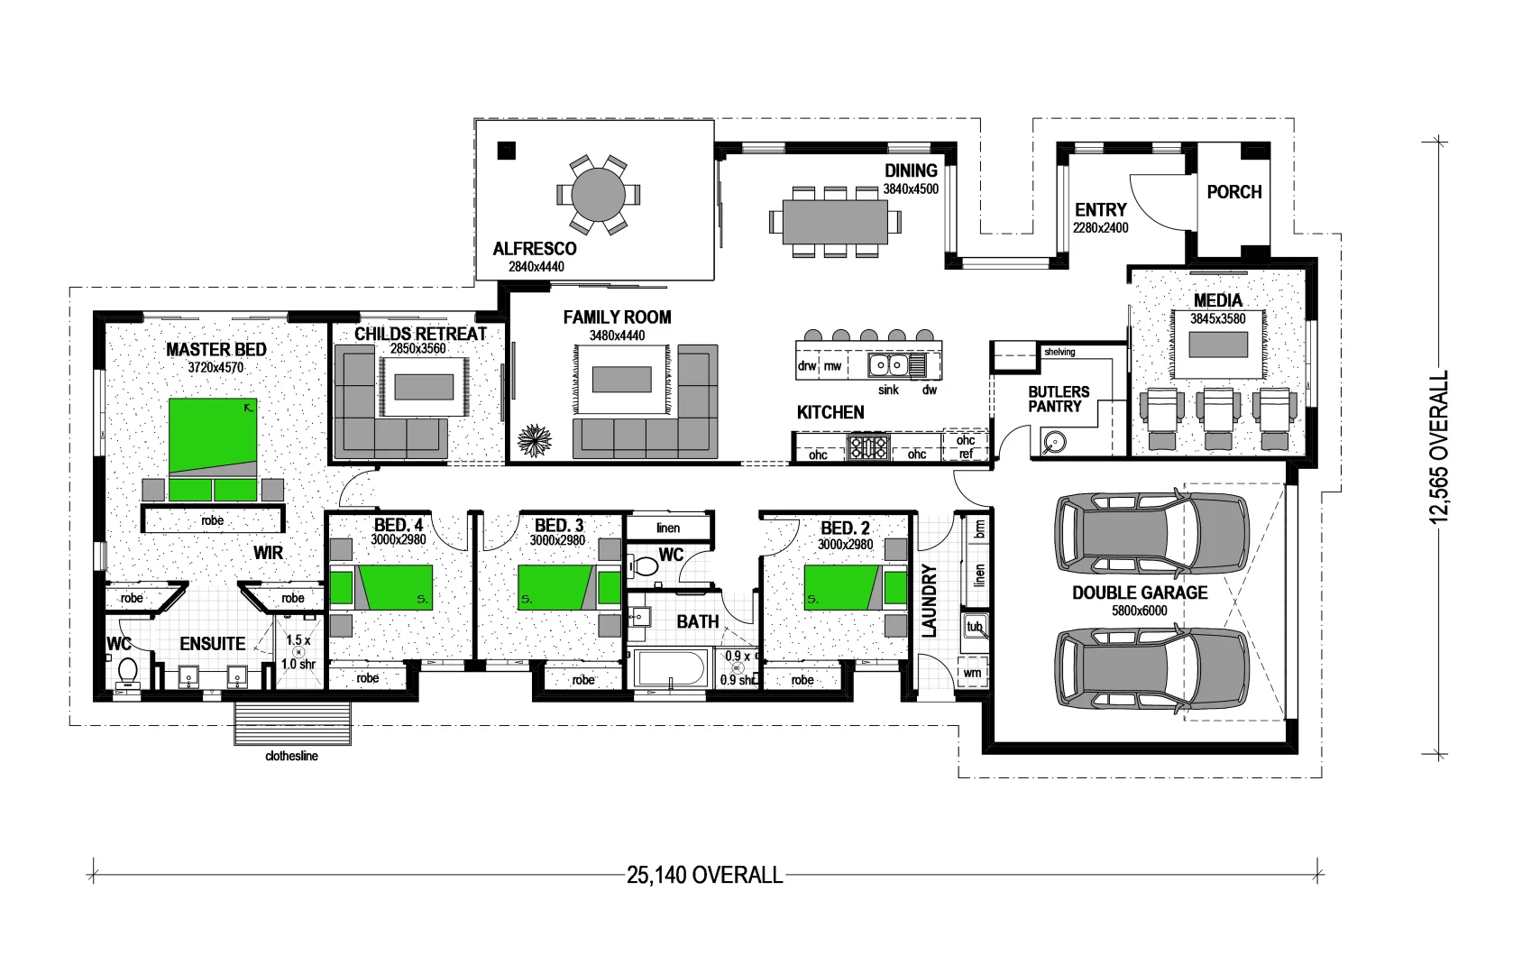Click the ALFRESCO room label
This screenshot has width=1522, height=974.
pyautogui.click(x=535, y=249)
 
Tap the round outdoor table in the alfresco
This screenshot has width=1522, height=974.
pyautogui.click(x=599, y=195)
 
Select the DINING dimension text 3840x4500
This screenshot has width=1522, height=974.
pyautogui.click(x=911, y=189)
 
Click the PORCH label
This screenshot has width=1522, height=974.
pyautogui.click(x=1233, y=192)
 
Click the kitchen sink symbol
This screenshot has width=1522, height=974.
pyautogui.click(x=888, y=364)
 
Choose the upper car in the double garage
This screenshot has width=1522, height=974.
pyautogui.click(x=1152, y=533)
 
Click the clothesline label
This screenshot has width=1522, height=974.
pyautogui.click(x=291, y=756)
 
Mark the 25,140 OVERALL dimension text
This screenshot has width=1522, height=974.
pyautogui.click(x=704, y=875)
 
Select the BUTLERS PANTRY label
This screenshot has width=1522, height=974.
pyautogui.click(x=1059, y=399)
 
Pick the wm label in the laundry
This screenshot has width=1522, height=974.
pyautogui.click(x=973, y=673)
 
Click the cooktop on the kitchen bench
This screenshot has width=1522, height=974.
pyautogui.click(x=867, y=446)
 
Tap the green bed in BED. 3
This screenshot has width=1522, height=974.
pyautogui.click(x=556, y=587)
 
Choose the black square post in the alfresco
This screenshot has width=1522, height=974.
pyautogui.click(x=507, y=151)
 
